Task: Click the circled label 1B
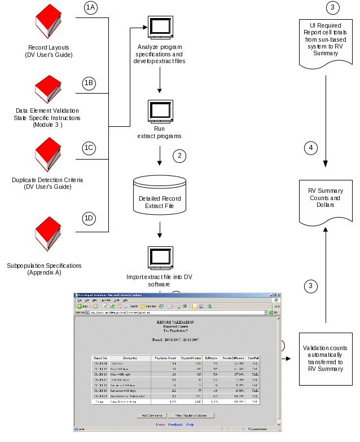(89, 83)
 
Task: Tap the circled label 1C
(89, 148)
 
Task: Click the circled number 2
(179, 156)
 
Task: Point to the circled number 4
(310, 148)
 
